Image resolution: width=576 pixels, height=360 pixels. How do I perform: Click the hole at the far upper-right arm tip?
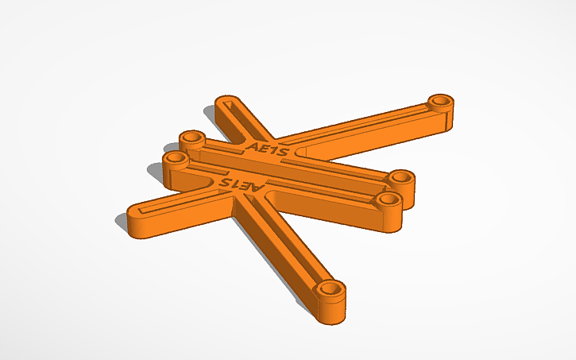(x=439, y=102)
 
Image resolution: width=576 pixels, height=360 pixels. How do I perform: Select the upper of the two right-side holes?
(x=400, y=176)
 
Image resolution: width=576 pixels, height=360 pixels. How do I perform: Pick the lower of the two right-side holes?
(x=388, y=199)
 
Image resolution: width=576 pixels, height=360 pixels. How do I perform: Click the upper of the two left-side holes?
(x=191, y=138)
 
